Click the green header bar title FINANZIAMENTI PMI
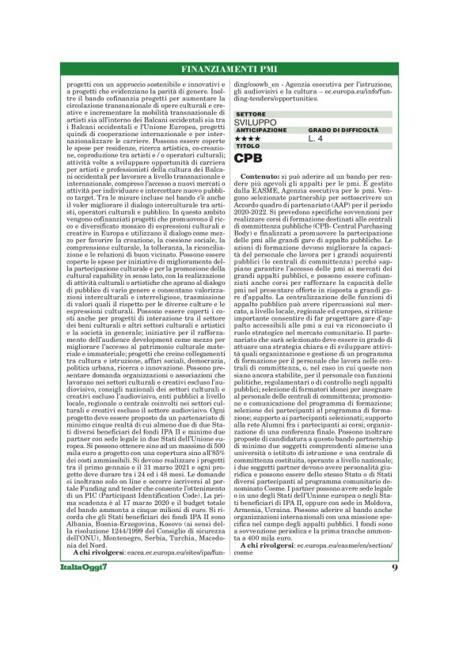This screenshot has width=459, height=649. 229,69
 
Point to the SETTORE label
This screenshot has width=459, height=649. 251,115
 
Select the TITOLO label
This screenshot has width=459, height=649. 248,146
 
